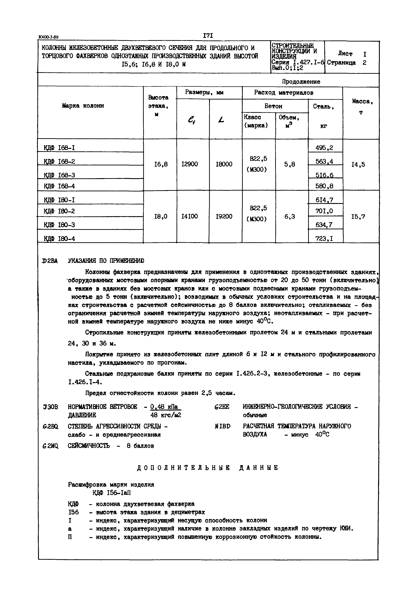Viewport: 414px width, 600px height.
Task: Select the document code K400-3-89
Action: click(x=49, y=37)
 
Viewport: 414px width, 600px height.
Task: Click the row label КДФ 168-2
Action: click(x=59, y=162)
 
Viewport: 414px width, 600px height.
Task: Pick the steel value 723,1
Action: click(x=324, y=238)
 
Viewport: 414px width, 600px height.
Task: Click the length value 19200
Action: click(x=224, y=216)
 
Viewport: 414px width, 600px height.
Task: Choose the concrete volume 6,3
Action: click(x=290, y=216)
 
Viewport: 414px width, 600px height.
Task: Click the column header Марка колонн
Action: click(x=83, y=105)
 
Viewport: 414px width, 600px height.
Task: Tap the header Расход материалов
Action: click(x=284, y=92)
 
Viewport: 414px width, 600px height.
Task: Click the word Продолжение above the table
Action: click(x=301, y=82)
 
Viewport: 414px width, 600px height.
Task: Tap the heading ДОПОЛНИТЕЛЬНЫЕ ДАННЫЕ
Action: click(x=208, y=468)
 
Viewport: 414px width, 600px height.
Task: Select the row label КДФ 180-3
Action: click(x=59, y=225)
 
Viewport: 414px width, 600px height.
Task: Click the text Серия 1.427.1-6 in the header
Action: click(x=298, y=62)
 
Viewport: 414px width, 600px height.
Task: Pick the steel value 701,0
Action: click(x=324, y=211)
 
